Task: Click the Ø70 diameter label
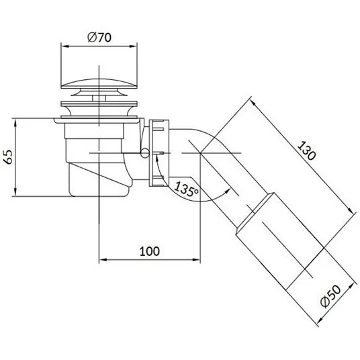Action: pos(99,38)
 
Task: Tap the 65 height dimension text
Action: pos(9,157)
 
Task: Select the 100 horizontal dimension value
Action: pos(150,251)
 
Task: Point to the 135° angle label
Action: pos(186,189)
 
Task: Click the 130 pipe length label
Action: pos(306,151)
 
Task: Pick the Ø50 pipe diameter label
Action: pos(331,296)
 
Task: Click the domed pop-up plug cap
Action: pos(99,83)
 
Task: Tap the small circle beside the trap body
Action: pos(144,153)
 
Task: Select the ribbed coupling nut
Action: pos(159,153)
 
